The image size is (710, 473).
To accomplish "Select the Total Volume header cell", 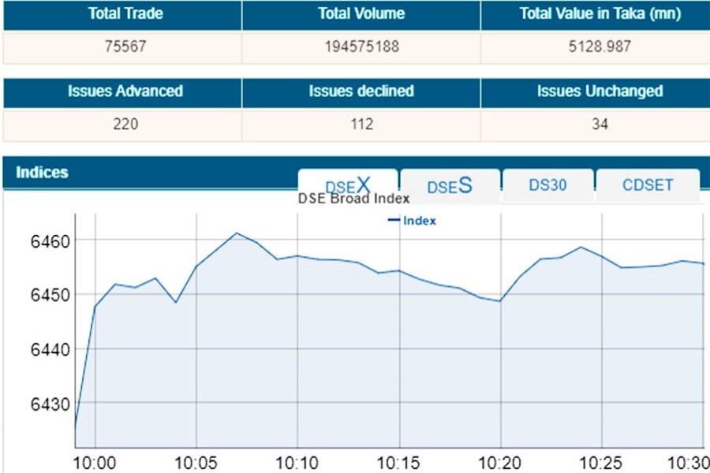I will (361, 14).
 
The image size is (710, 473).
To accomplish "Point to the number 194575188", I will (361, 47).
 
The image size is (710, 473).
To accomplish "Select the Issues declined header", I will (361, 91).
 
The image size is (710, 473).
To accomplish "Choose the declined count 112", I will (361, 125).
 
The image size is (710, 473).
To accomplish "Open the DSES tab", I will (450, 186).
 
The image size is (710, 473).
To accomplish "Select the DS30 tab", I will (548, 185).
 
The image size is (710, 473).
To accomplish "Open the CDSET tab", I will (648, 185).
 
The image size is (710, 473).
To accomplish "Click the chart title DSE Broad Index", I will (353, 199).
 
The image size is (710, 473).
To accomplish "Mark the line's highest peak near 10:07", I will (236, 233).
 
